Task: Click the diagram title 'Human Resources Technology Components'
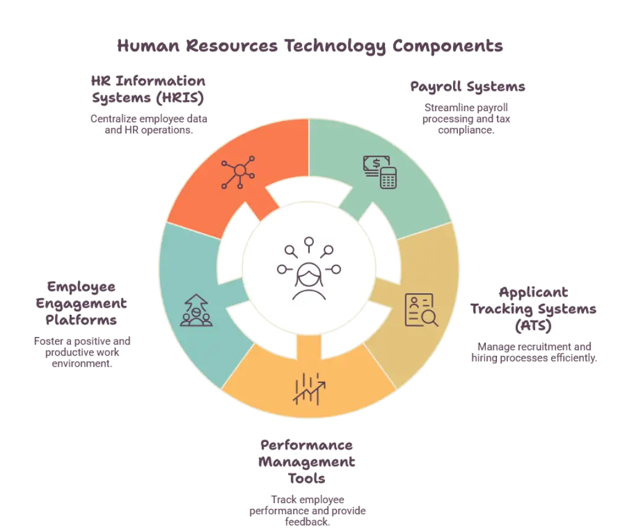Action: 310,46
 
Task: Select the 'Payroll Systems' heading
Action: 467,87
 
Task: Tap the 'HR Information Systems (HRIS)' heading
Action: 148,90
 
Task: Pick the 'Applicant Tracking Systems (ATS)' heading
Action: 533,309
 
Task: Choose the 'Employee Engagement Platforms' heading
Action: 81,303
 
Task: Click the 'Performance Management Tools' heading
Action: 307,462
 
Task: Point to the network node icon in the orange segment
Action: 238,172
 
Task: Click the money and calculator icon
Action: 380,172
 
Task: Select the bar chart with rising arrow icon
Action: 309,389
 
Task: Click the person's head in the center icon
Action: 309,275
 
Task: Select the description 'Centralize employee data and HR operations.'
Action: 148,125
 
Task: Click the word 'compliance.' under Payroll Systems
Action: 466,130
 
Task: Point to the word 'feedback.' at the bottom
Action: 307,522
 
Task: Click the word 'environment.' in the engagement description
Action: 82,364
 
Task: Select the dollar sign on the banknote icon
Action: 376,163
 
